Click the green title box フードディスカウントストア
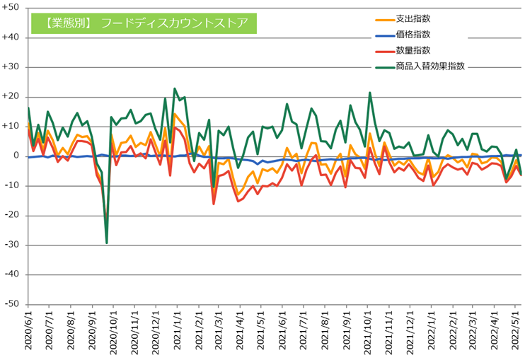click(144, 23)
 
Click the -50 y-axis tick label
click(12, 303)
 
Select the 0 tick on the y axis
click(16, 156)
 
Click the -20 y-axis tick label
click(12, 215)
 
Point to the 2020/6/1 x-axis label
click(28, 332)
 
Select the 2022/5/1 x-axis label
click(516, 332)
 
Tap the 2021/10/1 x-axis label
click(369, 332)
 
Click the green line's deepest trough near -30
click(107, 243)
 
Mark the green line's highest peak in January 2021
click(175, 88)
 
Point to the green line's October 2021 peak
click(369, 93)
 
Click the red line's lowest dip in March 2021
click(214, 204)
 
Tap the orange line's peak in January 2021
click(175, 114)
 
